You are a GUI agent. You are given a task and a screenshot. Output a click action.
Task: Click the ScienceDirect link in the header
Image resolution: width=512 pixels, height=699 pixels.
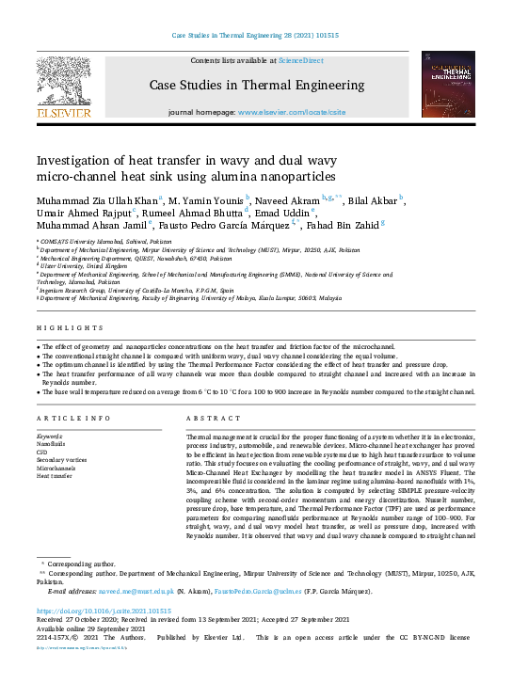click(x=300, y=60)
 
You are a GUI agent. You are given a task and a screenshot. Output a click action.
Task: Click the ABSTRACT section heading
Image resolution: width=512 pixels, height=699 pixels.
click(x=207, y=418)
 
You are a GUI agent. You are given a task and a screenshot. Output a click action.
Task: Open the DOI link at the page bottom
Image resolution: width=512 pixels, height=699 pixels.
click(x=91, y=612)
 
